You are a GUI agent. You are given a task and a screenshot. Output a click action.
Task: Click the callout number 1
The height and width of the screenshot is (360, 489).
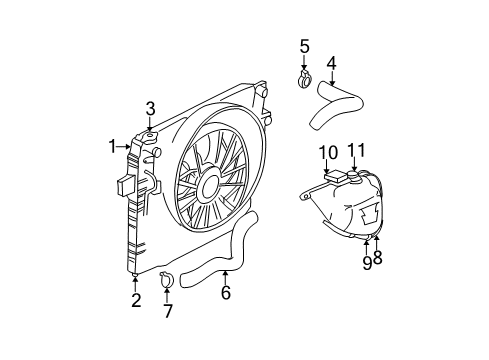[x=113, y=147]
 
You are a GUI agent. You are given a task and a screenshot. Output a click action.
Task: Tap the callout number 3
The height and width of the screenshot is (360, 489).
[x=150, y=108]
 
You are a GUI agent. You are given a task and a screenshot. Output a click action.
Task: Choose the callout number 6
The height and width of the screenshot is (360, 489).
[x=226, y=293]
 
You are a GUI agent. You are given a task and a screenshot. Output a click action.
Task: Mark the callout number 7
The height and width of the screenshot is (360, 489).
[x=168, y=311]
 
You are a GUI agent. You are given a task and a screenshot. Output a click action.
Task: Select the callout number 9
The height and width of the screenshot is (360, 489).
[x=366, y=262]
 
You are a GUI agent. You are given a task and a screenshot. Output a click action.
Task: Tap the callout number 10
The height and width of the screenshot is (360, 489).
[x=328, y=152]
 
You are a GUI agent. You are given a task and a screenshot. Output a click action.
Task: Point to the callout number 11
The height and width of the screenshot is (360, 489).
[x=356, y=151]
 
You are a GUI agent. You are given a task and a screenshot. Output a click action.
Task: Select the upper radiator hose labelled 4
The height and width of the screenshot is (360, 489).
[x=336, y=100]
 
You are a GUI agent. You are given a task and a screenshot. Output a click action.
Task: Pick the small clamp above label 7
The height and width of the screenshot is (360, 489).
[x=167, y=282]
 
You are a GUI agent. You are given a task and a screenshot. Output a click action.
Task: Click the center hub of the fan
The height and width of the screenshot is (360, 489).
[x=209, y=184]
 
